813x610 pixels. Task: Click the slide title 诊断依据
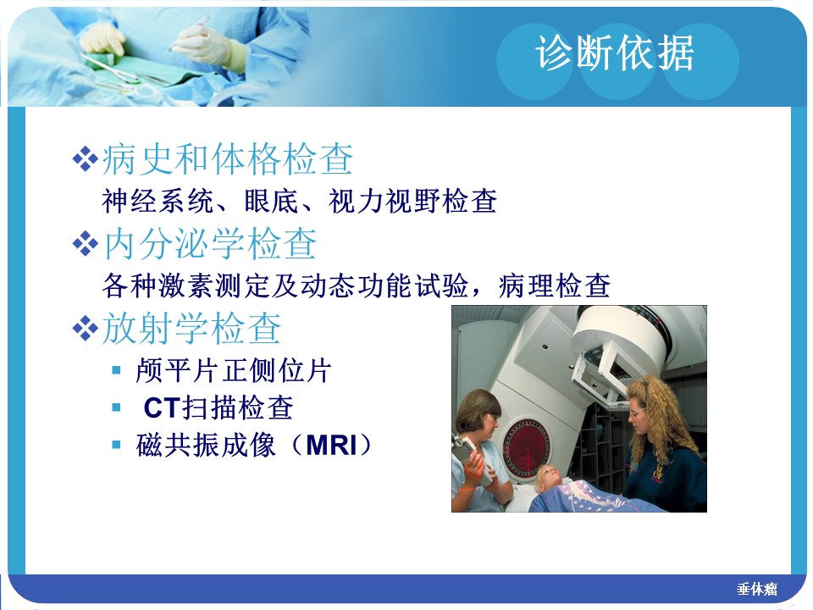coord(615,53)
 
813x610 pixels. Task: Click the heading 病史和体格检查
coord(228,158)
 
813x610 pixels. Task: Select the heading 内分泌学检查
coord(210,244)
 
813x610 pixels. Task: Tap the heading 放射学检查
coord(192,329)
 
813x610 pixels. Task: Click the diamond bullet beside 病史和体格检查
coord(85,158)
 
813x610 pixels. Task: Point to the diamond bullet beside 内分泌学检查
coord(85,244)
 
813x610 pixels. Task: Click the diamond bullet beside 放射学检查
coord(85,329)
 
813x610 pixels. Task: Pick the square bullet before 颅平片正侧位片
coord(116,370)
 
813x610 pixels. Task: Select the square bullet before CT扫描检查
coord(116,408)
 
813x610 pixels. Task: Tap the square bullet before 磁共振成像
coord(116,445)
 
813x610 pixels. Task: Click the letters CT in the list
coord(161,408)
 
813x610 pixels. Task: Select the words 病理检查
coord(554,286)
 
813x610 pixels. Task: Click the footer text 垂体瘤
coord(757,589)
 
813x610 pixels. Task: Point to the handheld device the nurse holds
coord(468,457)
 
